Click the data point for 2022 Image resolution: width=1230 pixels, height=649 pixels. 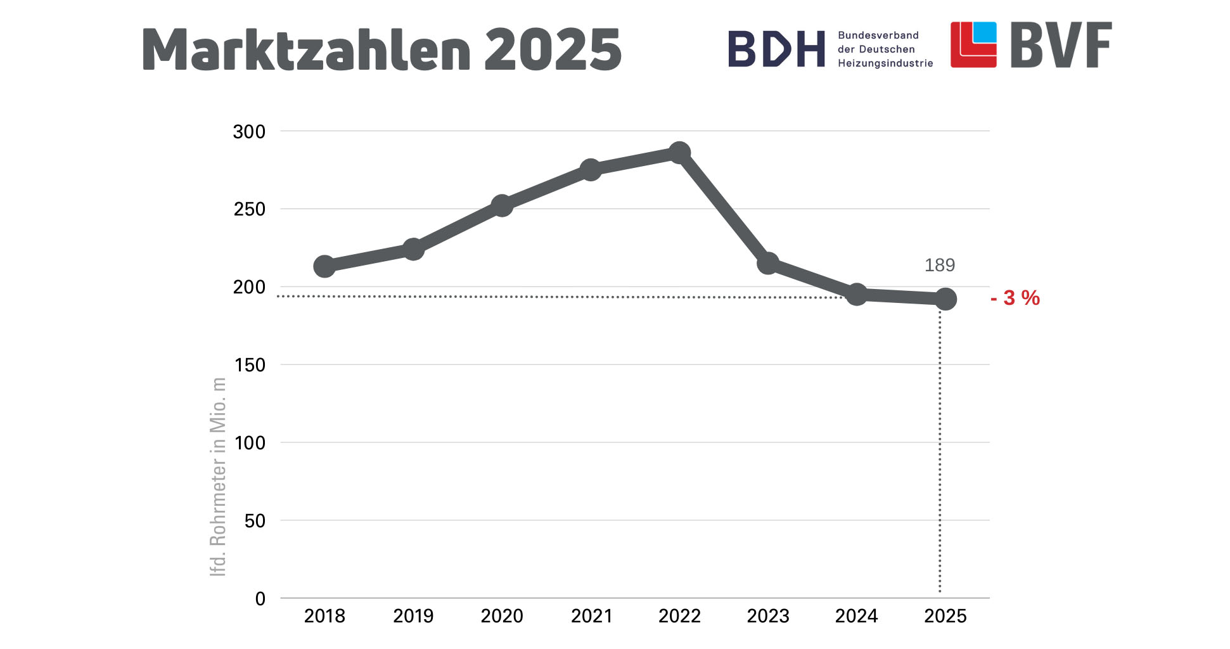tap(679, 153)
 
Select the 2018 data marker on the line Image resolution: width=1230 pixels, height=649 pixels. tap(324, 266)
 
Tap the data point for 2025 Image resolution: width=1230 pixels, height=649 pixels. tap(945, 299)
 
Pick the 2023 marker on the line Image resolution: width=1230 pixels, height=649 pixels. tap(768, 263)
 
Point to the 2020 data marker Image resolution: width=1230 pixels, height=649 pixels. tap(502, 205)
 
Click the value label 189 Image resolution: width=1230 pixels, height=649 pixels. tap(939, 265)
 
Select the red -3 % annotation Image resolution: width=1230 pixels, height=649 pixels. tap(1015, 298)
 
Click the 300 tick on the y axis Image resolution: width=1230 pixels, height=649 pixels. tap(249, 132)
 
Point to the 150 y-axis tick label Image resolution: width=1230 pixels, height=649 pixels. tap(249, 365)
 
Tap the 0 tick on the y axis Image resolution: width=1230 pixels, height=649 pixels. tap(260, 599)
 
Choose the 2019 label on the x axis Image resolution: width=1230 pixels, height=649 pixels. tap(413, 616)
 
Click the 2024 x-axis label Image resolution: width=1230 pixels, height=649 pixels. tap(856, 616)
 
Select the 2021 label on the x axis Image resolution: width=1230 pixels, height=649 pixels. tap(591, 616)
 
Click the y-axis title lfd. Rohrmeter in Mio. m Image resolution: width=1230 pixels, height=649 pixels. tap(218, 477)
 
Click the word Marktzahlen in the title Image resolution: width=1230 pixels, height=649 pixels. tap(307, 49)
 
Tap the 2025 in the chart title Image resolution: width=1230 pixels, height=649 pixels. tap(553, 49)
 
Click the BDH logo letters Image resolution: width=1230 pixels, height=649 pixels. tap(776, 49)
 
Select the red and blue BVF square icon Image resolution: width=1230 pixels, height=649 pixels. tap(973, 44)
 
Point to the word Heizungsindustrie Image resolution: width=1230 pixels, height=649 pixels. tap(885, 63)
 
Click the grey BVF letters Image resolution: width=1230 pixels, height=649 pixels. tap(1061, 45)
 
